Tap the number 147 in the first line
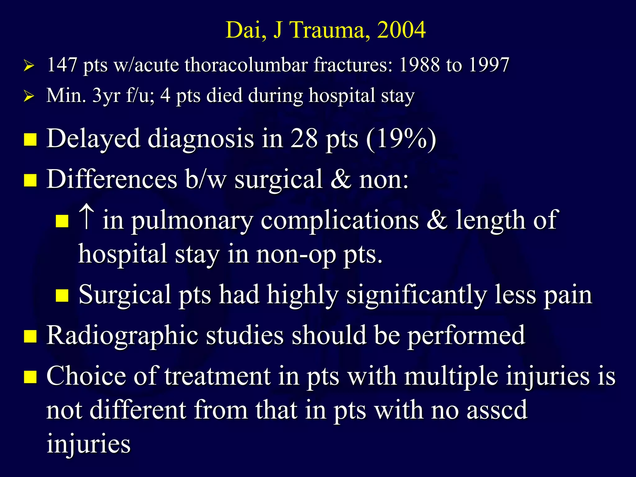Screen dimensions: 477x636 click(61, 65)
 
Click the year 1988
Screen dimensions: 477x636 click(419, 65)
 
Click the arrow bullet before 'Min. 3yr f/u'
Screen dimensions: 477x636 click(29, 96)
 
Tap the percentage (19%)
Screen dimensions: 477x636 click(401, 139)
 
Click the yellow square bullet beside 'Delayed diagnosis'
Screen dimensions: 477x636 click(30, 139)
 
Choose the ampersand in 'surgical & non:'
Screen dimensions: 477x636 click(341, 179)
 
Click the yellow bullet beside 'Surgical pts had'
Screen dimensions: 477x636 click(62, 295)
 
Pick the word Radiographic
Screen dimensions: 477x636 click(122, 336)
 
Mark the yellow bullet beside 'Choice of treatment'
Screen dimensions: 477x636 click(30, 377)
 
